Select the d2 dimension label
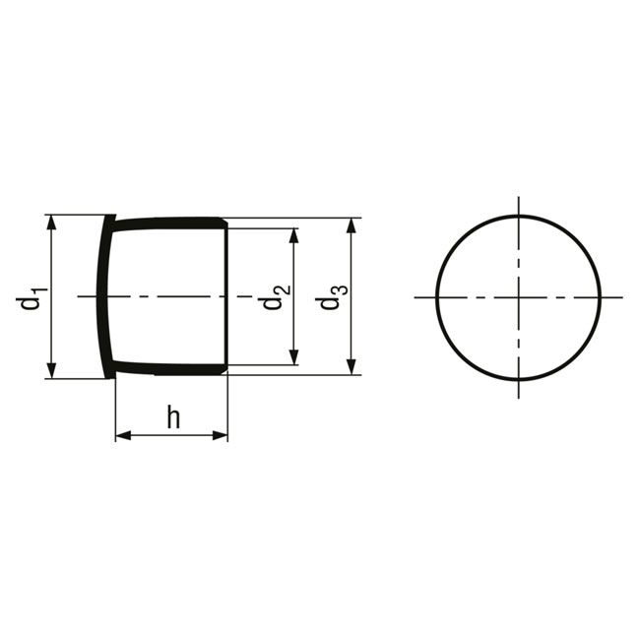277,296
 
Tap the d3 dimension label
334,297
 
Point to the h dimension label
173,417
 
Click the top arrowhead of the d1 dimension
51,223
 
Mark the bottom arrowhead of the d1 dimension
51,370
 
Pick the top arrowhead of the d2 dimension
293,235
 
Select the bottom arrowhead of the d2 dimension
293,357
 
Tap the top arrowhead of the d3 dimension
351,225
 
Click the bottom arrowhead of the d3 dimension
351,367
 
